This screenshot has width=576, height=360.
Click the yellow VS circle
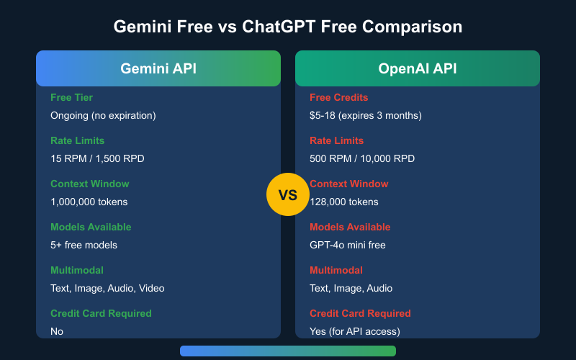click(x=287, y=195)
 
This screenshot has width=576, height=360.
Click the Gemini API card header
click(x=158, y=68)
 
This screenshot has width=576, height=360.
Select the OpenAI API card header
click(x=418, y=68)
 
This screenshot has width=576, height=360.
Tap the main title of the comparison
click(x=288, y=27)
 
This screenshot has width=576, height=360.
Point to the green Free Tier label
click(x=71, y=97)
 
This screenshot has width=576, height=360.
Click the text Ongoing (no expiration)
click(x=103, y=115)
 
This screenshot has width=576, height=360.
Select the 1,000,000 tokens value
click(x=89, y=202)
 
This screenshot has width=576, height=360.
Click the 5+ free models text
click(x=84, y=245)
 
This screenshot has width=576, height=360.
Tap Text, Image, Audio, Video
click(x=107, y=288)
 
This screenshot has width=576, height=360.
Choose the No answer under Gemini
click(x=57, y=331)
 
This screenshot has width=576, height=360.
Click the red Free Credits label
click(x=338, y=97)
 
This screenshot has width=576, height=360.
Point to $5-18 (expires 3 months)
click(x=366, y=115)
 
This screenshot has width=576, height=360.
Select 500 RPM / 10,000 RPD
click(x=362, y=158)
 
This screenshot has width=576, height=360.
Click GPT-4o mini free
click(x=348, y=245)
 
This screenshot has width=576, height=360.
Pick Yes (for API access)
click(x=355, y=331)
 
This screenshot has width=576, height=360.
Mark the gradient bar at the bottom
click(x=288, y=351)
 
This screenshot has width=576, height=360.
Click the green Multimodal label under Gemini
click(x=77, y=270)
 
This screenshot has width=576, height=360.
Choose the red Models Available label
click(x=350, y=227)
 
